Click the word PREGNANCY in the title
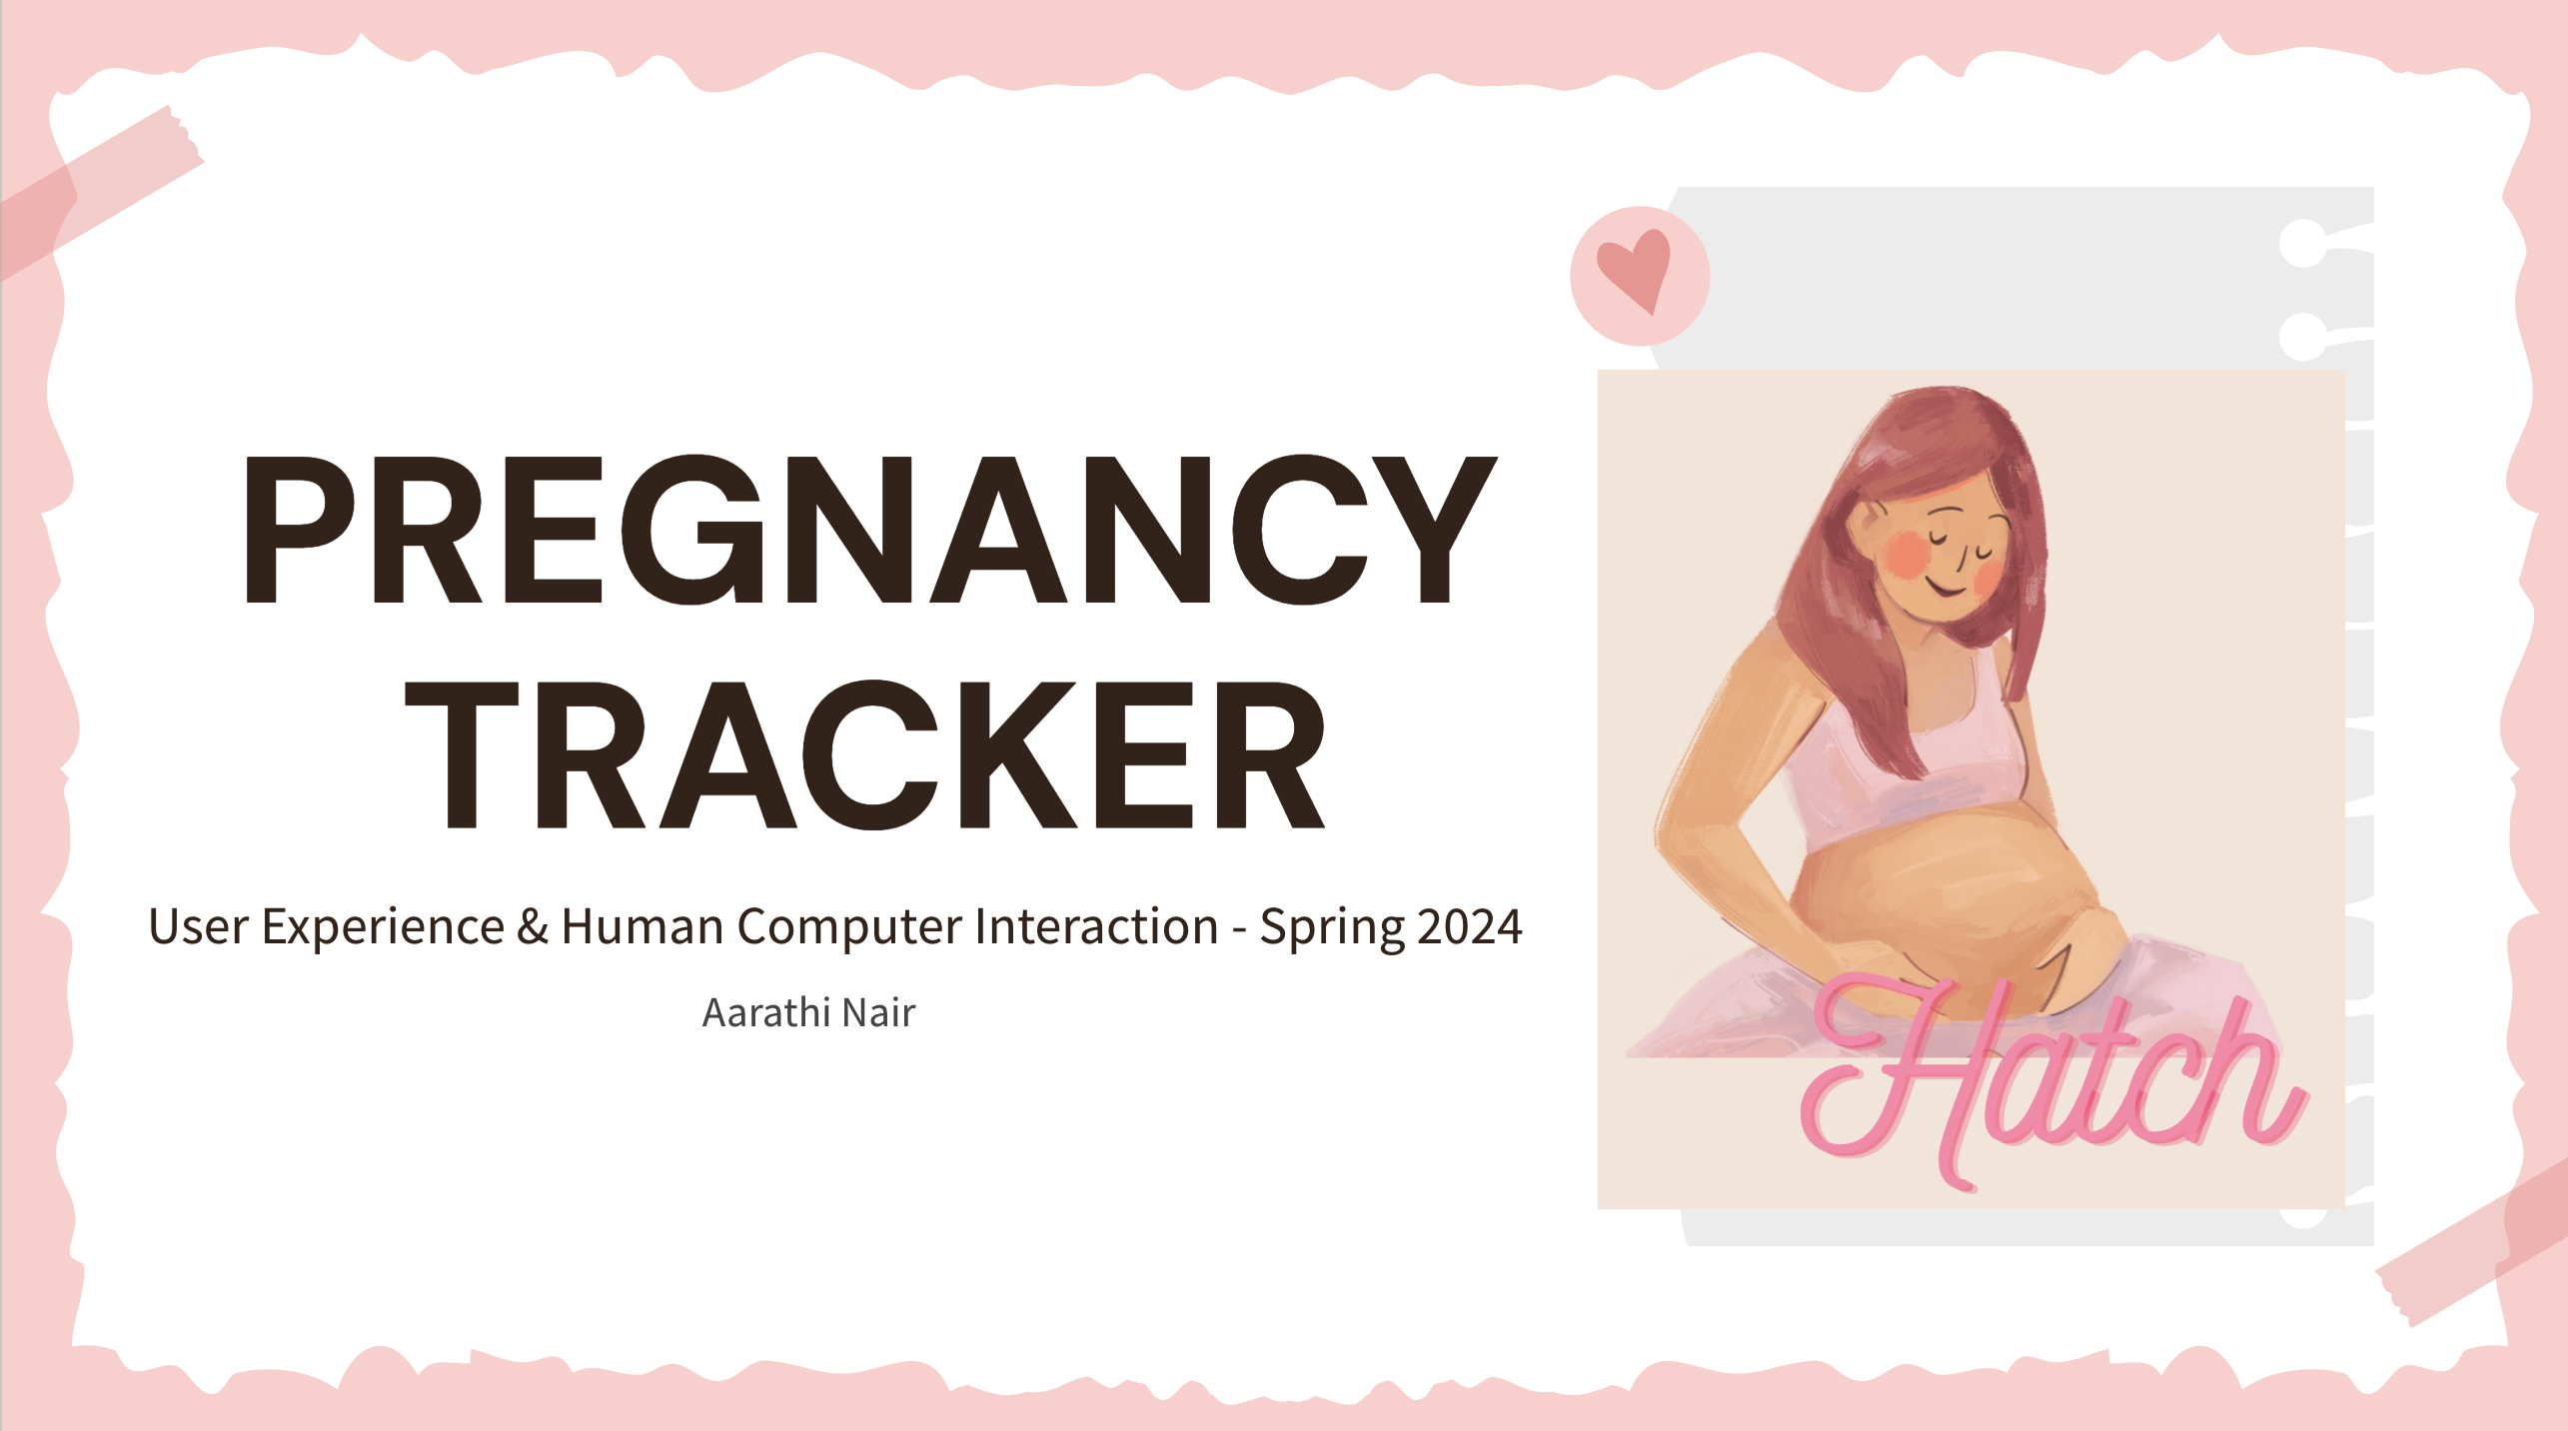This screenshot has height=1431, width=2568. tap(869, 529)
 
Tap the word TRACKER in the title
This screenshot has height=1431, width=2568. tap(866, 754)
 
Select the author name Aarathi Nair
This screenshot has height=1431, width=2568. tap(808, 1012)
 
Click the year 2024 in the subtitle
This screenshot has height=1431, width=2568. tap(1470, 926)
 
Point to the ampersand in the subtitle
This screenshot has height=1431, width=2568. tap(533, 926)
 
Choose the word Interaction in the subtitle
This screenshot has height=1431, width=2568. tap(1096, 926)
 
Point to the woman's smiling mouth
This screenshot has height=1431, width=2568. tap(1943, 587)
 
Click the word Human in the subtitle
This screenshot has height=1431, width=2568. tap(642, 926)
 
